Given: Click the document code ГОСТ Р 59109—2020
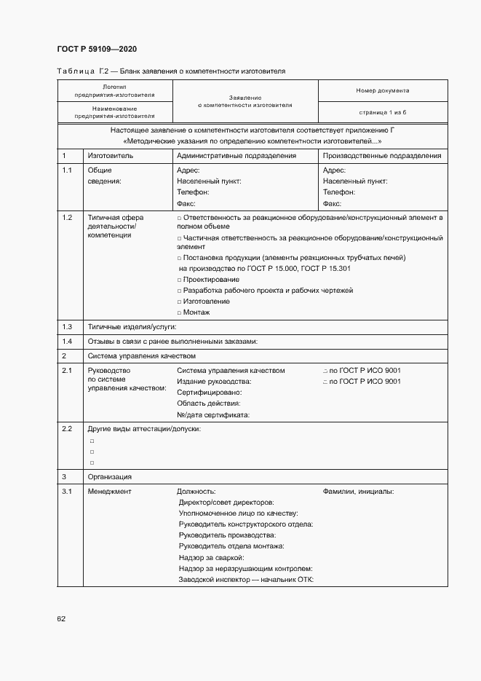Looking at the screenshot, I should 96,50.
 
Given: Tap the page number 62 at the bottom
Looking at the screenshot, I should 61,618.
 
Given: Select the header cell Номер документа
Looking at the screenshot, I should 382,90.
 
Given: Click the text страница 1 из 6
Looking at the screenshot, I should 382,112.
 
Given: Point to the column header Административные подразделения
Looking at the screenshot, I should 236,156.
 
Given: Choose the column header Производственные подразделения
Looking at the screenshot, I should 382,156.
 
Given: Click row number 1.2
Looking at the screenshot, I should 67,218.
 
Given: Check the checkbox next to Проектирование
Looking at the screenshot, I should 179,280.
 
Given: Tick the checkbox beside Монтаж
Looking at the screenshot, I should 179,312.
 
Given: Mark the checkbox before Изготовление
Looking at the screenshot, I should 179,302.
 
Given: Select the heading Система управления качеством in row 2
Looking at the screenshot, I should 142,356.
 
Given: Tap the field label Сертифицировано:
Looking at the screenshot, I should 210,393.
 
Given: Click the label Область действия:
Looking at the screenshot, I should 209,404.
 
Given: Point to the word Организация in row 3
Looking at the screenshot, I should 110,476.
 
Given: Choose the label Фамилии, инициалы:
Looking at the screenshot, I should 358,492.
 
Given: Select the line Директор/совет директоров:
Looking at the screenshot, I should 226,503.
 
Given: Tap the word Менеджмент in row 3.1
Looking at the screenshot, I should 110,492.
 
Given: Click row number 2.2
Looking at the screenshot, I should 67,429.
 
